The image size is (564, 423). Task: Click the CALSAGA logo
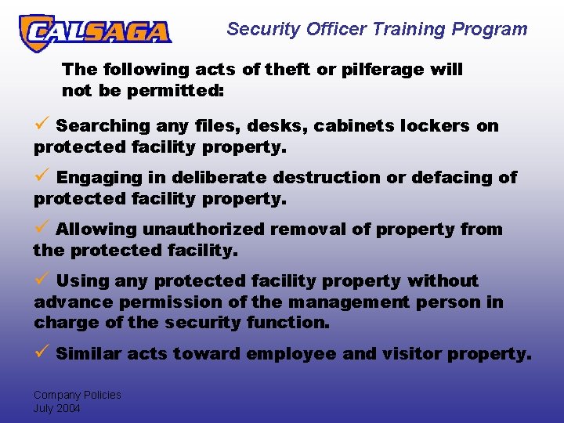tap(95, 32)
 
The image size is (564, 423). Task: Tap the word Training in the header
tap(404, 30)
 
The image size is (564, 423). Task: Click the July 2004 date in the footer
tap(56, 408)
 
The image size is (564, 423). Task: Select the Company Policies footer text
tap(77, 395)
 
